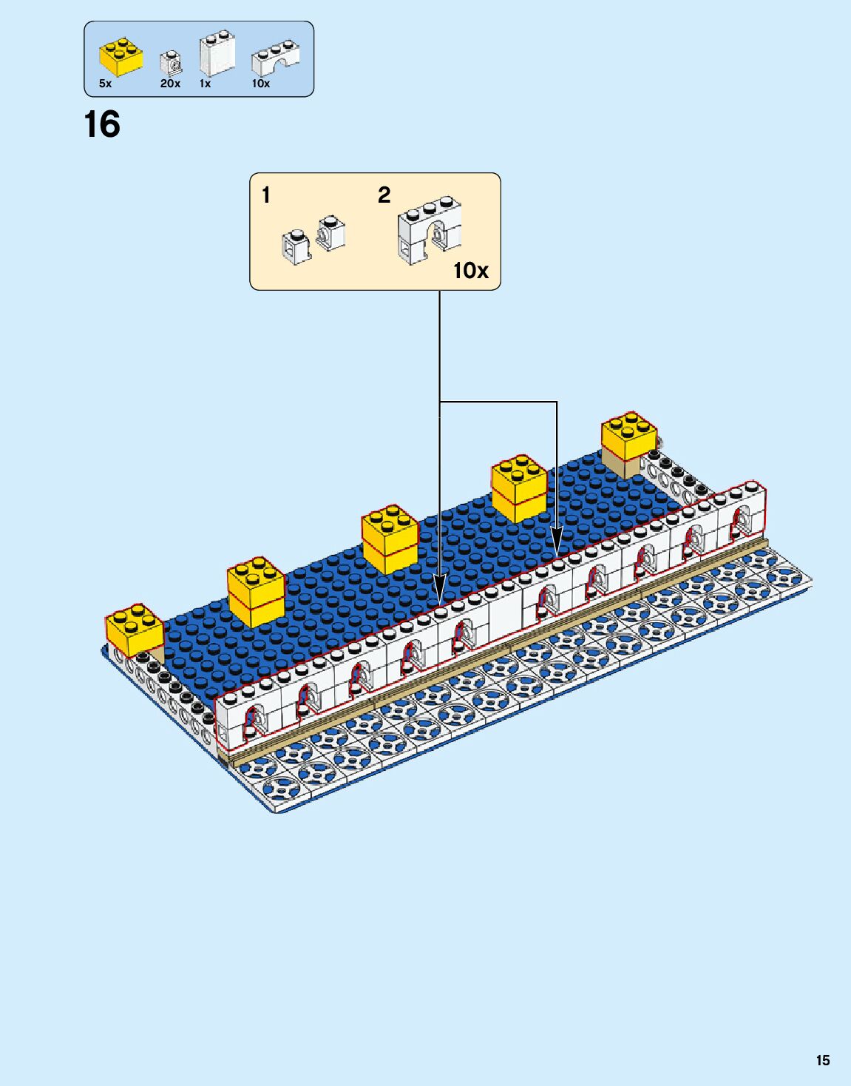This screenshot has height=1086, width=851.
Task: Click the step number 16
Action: click(102, 124)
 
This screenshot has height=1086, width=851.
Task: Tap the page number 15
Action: click(822, 1060)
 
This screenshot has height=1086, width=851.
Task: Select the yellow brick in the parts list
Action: click(121, 57)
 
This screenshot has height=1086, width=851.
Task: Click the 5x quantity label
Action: click(106, 84)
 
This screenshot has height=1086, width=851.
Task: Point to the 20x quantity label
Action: click(170, 84)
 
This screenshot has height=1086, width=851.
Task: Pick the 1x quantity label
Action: click(205, 84)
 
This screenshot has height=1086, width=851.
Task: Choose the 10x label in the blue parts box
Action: click(260, 84)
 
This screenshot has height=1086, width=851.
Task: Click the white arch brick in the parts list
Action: click(274, 58)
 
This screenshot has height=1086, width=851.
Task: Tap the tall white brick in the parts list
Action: click(217, 53)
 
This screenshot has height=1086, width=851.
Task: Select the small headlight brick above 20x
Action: click(172, 64)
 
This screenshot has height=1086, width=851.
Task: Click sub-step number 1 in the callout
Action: click(266, 195)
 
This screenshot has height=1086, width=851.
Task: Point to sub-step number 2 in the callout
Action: click(384, 195)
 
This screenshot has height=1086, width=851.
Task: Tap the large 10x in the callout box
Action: click(470, 271)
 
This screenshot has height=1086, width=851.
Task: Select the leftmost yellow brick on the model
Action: click(134, 629)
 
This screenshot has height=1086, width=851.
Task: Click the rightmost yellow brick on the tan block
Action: click(628, 436)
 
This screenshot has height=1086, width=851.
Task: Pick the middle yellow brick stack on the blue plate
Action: click(390, 538)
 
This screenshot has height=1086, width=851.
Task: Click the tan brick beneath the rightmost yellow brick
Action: click(620, 466)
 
